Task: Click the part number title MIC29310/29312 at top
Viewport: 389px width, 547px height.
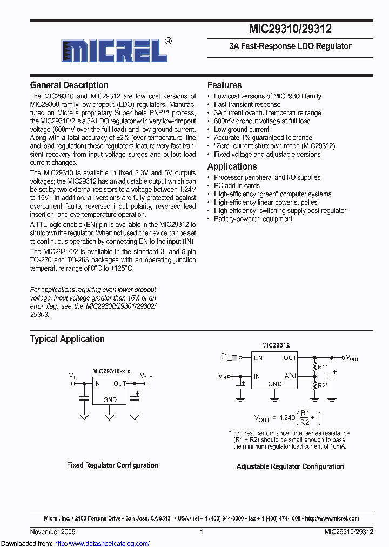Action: pyautogui.click(x=290, y=29)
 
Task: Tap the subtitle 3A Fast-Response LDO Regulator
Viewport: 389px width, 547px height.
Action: pyautogui.click(x=290, y=46)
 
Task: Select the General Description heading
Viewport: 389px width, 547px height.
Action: pyautogui.click(x=69, y=85)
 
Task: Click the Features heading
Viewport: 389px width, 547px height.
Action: pyautogui.click(x=224, y=85)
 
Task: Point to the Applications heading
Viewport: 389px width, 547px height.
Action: pyautogui.click(x=232, y=166)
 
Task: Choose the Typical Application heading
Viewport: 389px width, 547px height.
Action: pyautogui.click(x=67, y=339)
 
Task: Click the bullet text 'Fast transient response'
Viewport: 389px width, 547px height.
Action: pyautogui.click(x=247, y=104)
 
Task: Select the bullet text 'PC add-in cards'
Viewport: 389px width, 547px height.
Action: pyautogui.click(x=237, y=185)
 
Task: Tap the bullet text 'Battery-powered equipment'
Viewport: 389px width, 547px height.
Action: pyautogui.click(x=253, y=219)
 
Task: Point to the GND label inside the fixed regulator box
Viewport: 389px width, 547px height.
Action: pyautogui.click(x=110, y=400)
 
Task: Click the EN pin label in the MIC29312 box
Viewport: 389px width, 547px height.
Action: pyautogui.click(x=258, y=358)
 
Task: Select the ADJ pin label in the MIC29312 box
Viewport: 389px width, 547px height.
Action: pyautogui.click(x=290, y=376)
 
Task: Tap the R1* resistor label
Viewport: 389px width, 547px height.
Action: pyautogui.click(x=323, y=367)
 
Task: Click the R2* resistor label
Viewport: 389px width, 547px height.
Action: pyautogui.click(x=323, y=385)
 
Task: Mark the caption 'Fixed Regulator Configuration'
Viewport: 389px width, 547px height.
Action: pyautogui.click(x=112, y=465)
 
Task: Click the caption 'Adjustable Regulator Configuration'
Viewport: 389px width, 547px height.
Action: pyautogui.click(x=290, y=466)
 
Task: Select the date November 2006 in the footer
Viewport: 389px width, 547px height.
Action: pyautogui.click(x=52, y=532)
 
